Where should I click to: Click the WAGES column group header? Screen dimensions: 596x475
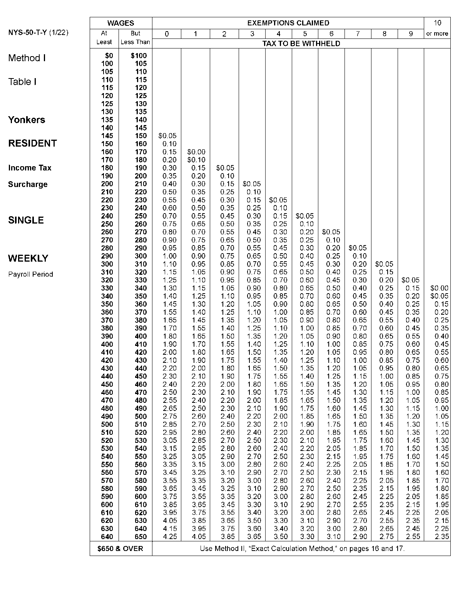pyautogui.click(x=120, y=23)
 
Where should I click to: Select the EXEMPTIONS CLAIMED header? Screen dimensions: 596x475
pyautogui.click(x=288, y=23)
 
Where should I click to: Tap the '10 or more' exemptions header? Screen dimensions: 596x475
pyautogui.click(x=437, y=28)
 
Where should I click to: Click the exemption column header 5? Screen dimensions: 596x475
pyautogui.click(x=305, y=34)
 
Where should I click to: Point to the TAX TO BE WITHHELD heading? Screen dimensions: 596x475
pyautogui.click(x=301, y=43)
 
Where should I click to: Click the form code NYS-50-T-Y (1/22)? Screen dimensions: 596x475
pyautogui.click(x=38, y=32)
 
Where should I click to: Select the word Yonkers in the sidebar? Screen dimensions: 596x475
pyautogui.click(x=27, y=120)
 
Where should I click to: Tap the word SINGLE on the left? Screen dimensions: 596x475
pyautogui.click(x=26, y=220)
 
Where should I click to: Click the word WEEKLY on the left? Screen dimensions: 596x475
pyautogui.click(x=28, y=258)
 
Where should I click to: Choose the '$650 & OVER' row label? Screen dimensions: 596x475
pyautogui.click(x=120, y=548)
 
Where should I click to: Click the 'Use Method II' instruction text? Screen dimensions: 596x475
pyautogui.click(x=302, y=548)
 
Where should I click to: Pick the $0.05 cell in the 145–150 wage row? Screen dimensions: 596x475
pyautogui.click(x=167, y=136)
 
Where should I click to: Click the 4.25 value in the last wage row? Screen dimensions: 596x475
pyautogui.click(x=169, y=537)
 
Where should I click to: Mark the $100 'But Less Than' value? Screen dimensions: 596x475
pyautogui.click(x=139, y=56)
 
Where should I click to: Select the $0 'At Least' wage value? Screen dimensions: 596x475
pyautogui.click(x=109, y=56)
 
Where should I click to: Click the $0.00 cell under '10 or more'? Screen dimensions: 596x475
pyautogui.click(x=439, y=288)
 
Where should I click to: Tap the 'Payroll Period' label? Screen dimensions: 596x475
pyautogui.click(x=30, y=274)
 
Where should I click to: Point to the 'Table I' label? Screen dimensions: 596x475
pyautogui.click(x=22, y=82)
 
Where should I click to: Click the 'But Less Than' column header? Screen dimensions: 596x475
pyautogui.click(x=135, y=38)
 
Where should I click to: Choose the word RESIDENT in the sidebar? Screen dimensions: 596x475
pyautogui.click(x=32, y=143)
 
